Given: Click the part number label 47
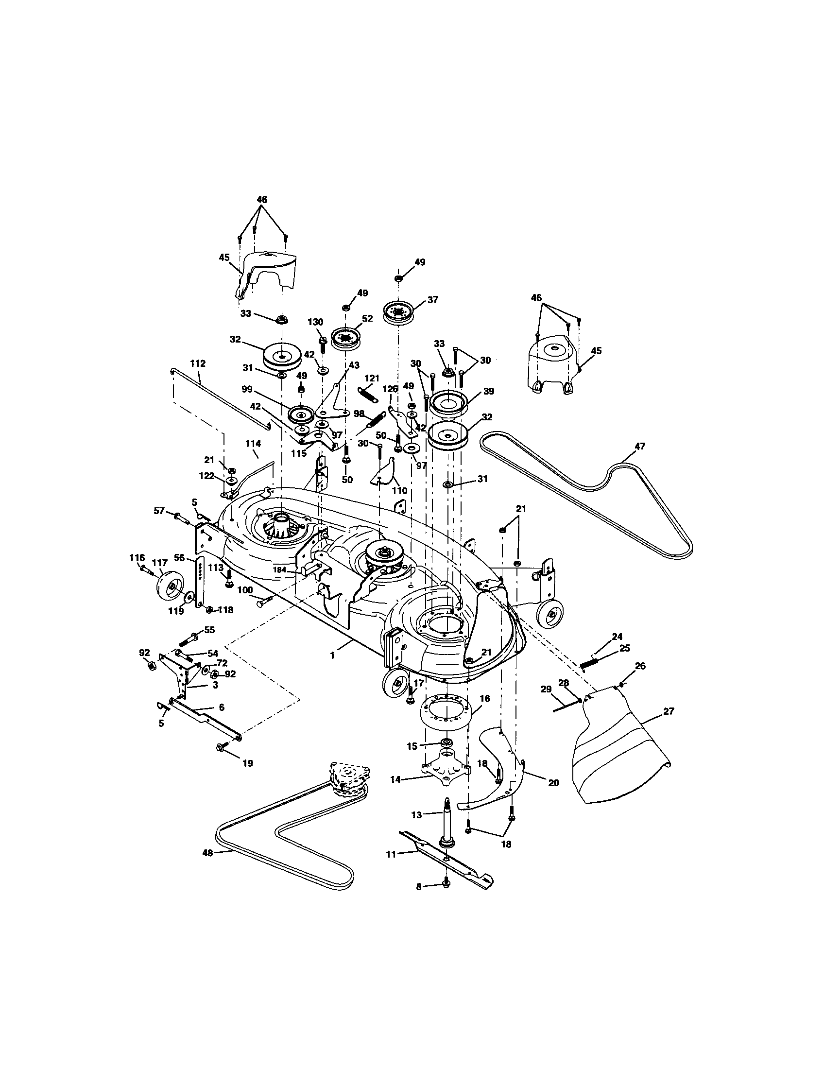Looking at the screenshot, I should click(639, 446).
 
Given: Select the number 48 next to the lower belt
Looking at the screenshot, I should click(208, 852).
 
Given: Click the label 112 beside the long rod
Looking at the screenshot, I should click(198, 363).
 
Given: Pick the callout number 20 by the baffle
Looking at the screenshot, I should click(553, 783).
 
